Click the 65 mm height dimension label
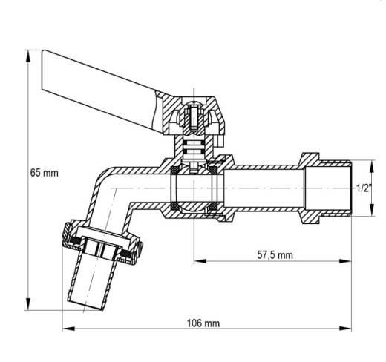tap(45, 173)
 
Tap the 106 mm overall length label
tap(203, 323)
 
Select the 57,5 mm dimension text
tap(275, 255)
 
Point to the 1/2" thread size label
tap(364, 188)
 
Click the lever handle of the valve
tap(99, 91)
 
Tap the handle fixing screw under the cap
tap(194, 116)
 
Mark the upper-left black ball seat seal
tap(175, 170)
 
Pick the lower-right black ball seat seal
tap(212, 206)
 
